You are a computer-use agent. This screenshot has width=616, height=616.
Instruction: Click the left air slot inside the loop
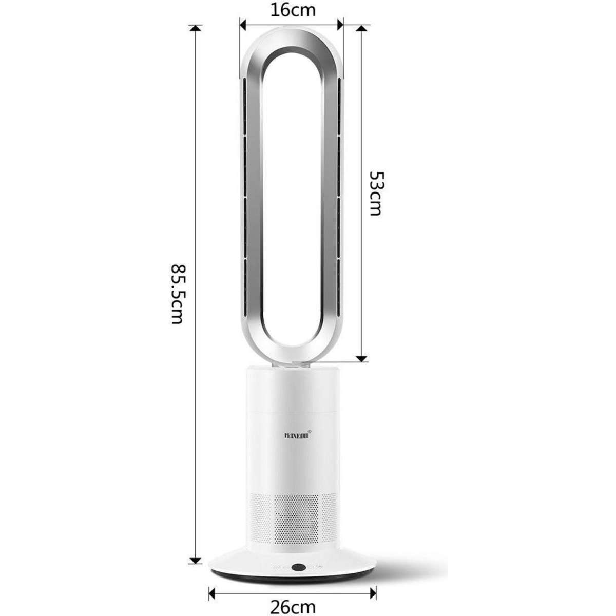tap(245, 195)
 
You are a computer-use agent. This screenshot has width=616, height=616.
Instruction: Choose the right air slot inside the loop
tap(338, 195)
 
